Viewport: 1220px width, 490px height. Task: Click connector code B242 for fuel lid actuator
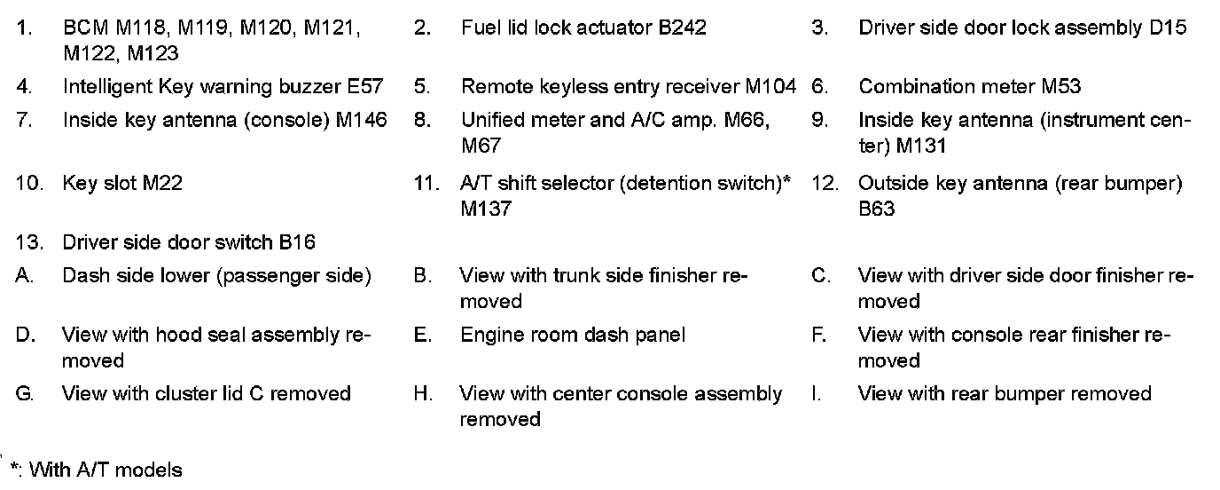pyautogui.click(x=682, y=28)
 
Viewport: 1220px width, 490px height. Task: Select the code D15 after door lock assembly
pyautogui.click(x=1168, y=28)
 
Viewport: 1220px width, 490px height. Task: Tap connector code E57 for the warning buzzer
pyautogui.click(x=365, y=87)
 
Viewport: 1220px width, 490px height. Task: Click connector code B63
pyautogui.click(x=877, y=209)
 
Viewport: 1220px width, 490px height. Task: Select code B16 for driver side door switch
pyautogui.click(x=296, y=242)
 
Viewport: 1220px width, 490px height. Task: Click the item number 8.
pyautogui.click(x=422, y=120)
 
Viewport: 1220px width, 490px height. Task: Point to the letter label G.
pyautogui.click(x=24, y=393)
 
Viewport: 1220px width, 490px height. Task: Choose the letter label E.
pyautogui.click(x=421, y=335)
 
